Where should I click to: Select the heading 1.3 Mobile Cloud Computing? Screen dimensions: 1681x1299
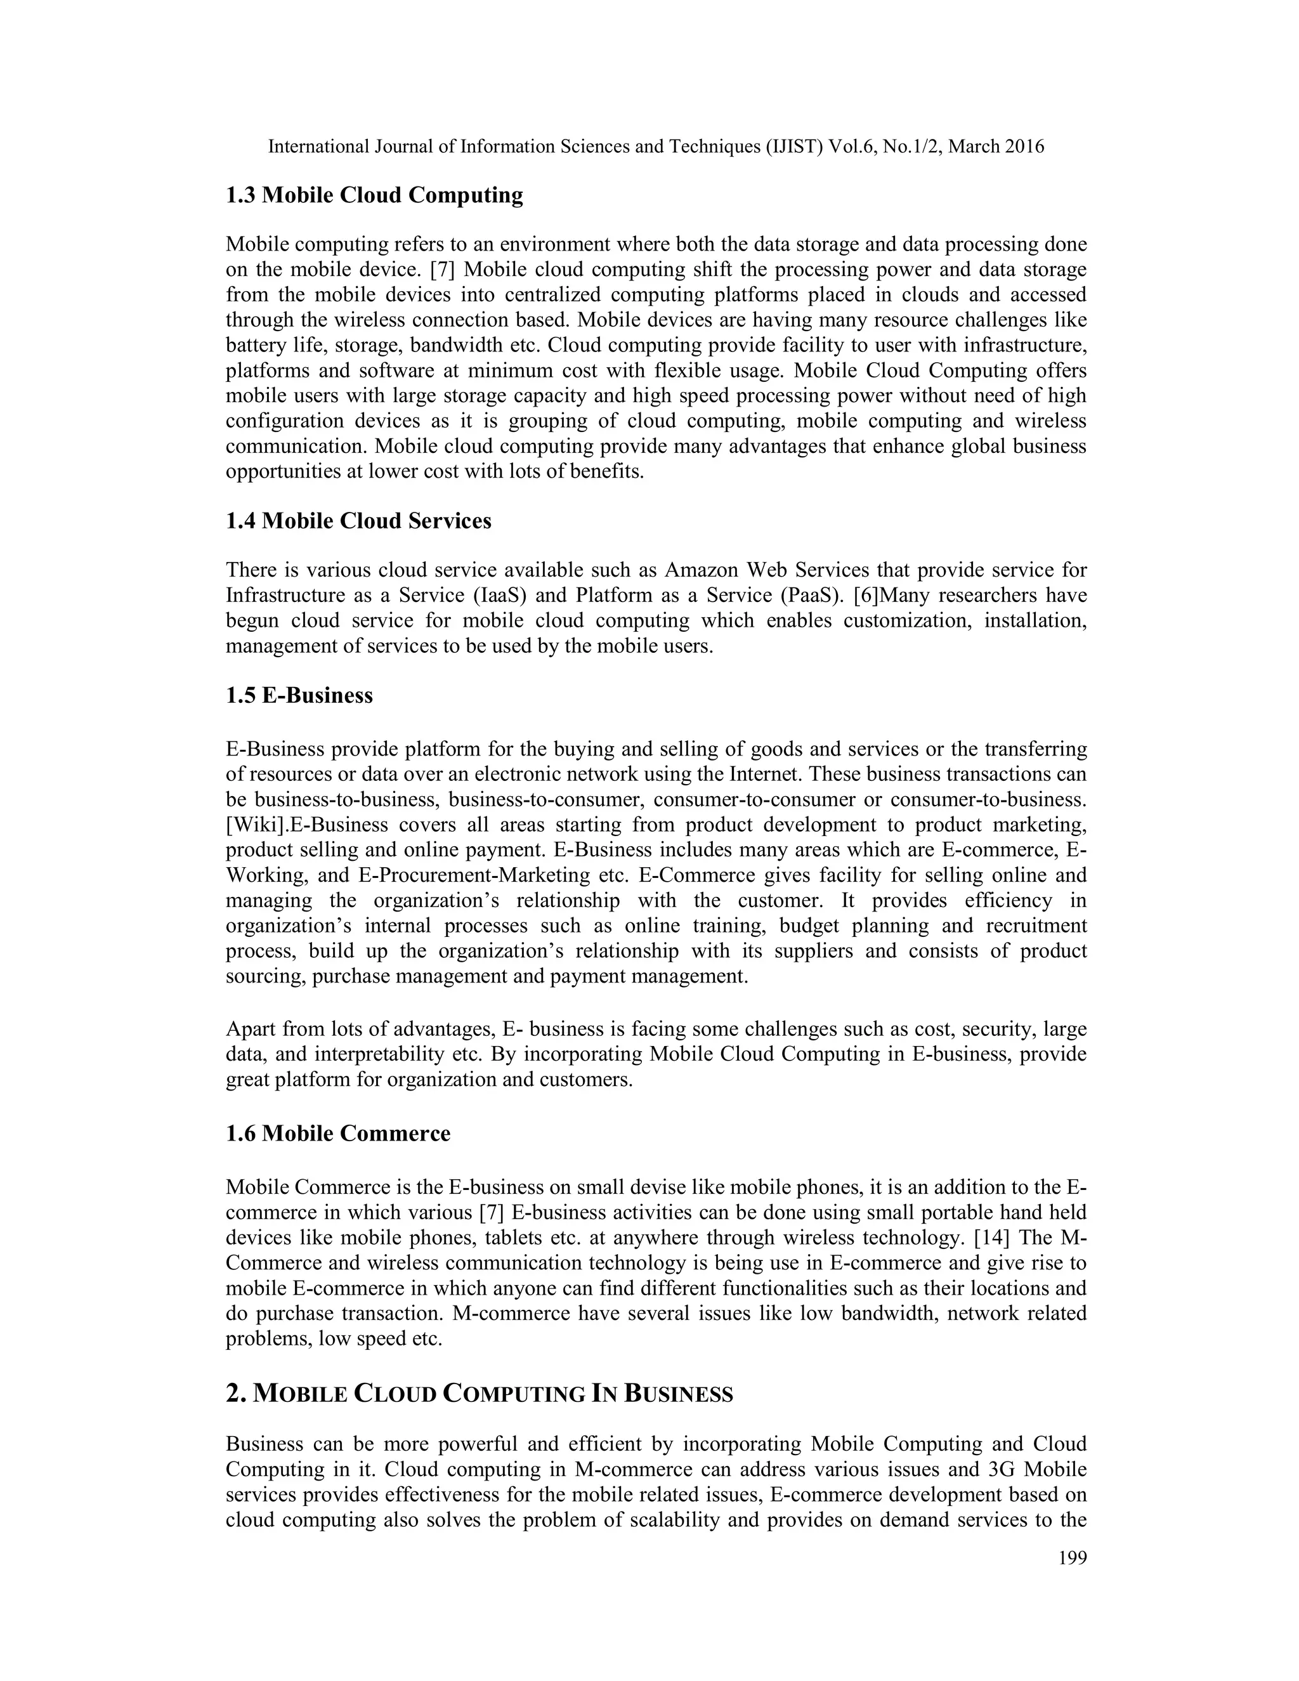click(x=374, y=195)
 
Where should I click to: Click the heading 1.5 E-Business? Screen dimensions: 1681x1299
click(x=299, y=696)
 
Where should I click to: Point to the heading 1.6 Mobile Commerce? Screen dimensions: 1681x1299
click(x=338, y=1134)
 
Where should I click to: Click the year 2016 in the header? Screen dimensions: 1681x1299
click(x=1024, y=147)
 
